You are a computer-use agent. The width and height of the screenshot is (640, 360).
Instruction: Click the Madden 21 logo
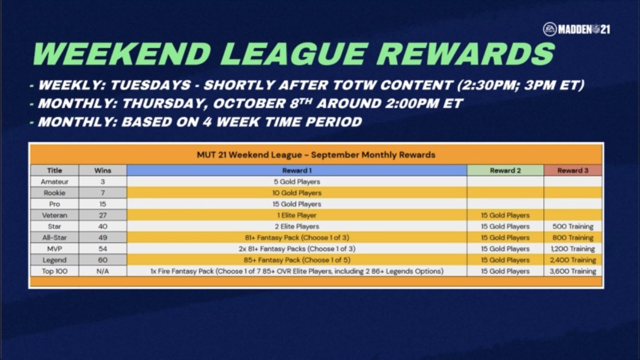[x=577, y=29]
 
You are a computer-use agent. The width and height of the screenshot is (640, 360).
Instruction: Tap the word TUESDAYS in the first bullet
[x=151, y=85]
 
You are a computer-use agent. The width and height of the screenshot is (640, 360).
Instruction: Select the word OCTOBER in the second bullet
[x=249, y=103]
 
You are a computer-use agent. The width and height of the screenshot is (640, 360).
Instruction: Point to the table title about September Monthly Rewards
[x=316, y=155]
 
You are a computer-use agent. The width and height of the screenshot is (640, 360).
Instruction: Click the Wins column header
[x=103, y=170]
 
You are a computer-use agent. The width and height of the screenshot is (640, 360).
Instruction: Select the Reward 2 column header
[x=505, y=170]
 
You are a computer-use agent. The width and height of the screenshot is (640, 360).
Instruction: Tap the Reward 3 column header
[x=573, y=170]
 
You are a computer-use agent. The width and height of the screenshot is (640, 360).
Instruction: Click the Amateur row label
[x=55, y=181]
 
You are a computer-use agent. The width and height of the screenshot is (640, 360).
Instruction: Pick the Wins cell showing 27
[x=103, y=215]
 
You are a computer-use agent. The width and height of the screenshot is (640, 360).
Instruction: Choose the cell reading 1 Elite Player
[x=297, y=215]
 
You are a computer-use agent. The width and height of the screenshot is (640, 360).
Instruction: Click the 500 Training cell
[x=573, y=227]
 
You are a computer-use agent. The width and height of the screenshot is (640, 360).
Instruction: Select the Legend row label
[x=55, y=260]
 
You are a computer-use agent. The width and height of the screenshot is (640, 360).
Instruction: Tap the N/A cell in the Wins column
[x=103, y=271]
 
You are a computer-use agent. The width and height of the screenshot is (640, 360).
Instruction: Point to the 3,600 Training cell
[x=573, y=271]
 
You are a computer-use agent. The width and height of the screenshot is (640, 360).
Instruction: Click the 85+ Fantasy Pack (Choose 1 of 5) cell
[x=297, y=260]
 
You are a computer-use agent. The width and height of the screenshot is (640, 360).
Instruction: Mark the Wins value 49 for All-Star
[x=103, y=238]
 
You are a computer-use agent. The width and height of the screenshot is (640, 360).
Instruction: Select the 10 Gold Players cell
[x=297, y=193]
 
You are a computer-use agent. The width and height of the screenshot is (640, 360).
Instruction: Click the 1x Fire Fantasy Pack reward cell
[x=297, y=271]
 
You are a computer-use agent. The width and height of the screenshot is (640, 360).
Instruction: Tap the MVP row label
[x=55, y=249]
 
